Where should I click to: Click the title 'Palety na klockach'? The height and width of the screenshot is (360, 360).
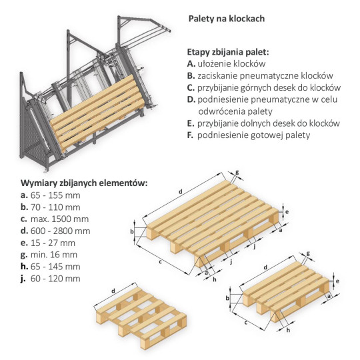tap(227, 19)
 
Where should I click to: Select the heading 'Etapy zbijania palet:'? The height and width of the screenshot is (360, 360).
tap(229, 51)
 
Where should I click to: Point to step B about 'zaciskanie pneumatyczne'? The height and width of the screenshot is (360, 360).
tap(260, 75)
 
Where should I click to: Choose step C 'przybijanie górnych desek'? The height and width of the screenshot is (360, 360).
tap(264, 87)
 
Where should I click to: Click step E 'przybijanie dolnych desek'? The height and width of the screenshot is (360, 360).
tap(264, 123)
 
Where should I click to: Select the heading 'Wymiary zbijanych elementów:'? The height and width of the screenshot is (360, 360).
tap(84, 183)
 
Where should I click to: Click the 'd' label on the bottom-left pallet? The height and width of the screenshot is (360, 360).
tap(113, 291)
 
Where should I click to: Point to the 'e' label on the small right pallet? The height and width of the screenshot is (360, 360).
tap(339, 282)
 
